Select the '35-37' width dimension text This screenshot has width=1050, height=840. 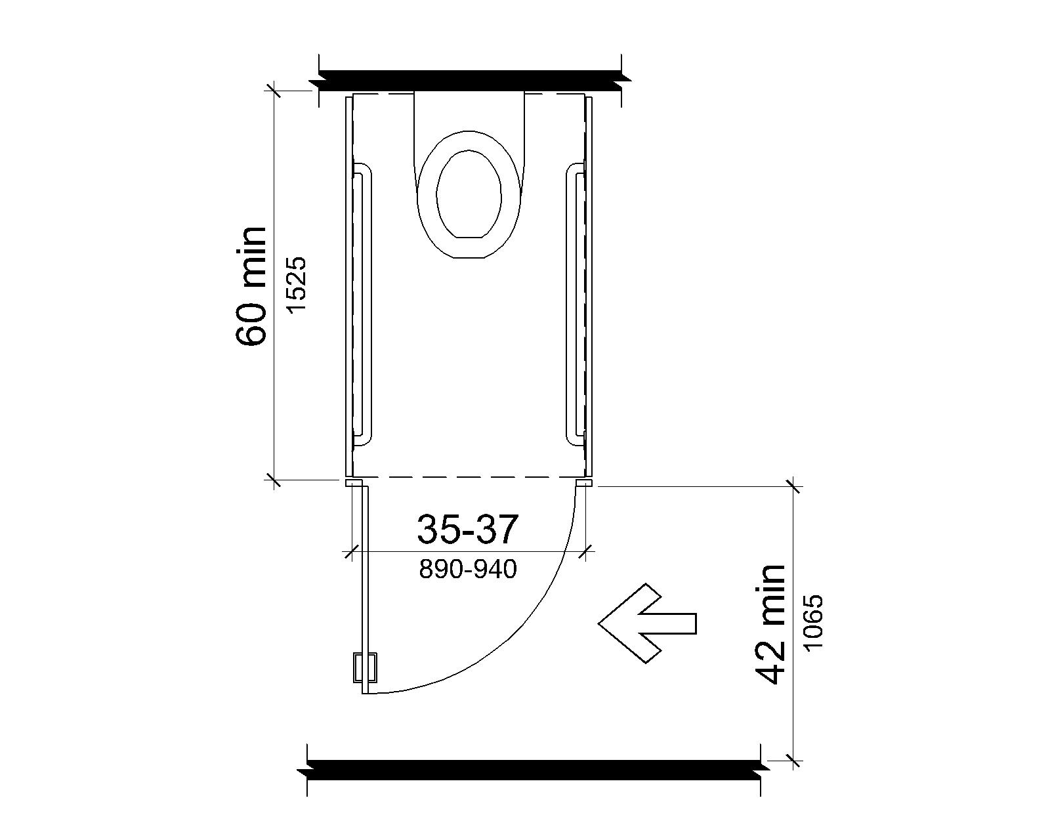pos(467,530)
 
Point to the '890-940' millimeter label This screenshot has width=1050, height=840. pos(468,569)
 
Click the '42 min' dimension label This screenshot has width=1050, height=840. pos(770,625)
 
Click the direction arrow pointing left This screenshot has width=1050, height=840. pos(647,623)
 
